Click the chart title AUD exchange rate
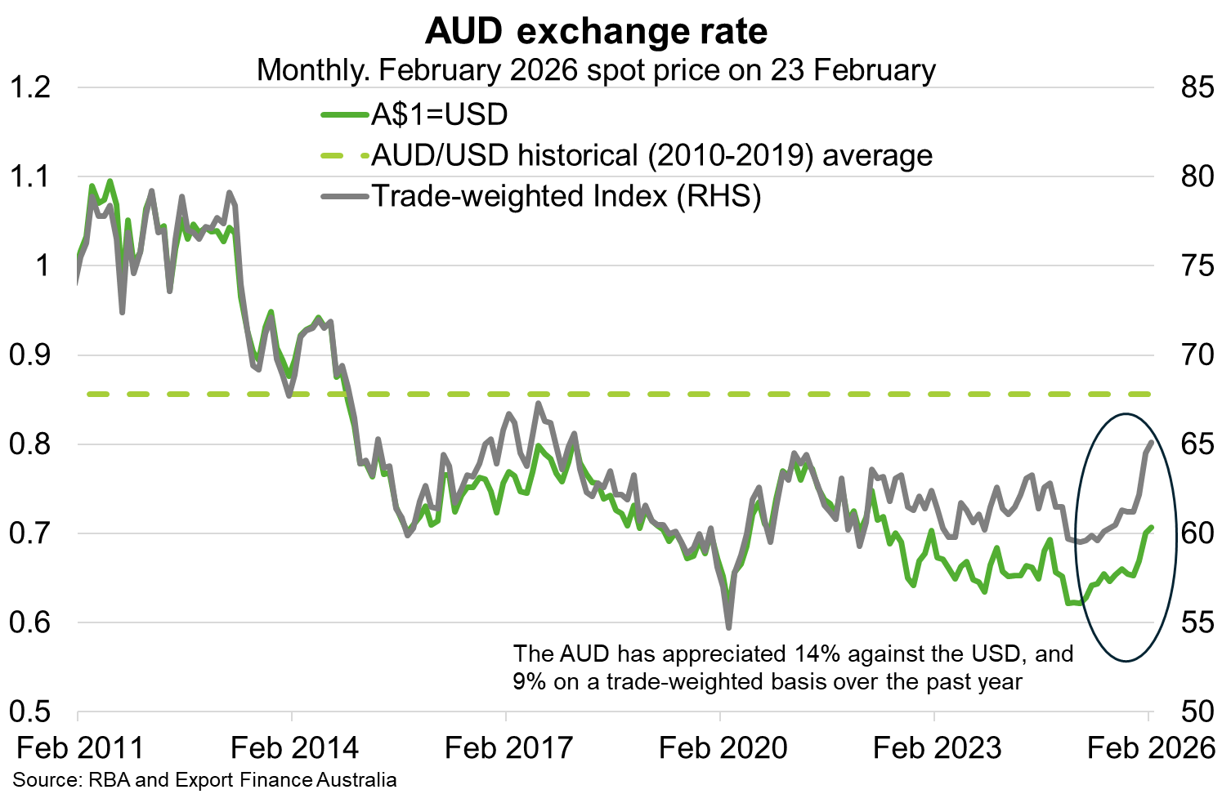tap(597, 31)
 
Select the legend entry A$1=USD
tap(439, 114)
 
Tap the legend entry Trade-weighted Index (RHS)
tap(566, 196)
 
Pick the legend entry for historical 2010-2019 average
tap(651, 155)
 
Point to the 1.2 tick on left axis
tap(30, 87)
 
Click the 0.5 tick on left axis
tap(30, 712)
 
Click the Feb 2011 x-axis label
tap(80, 747)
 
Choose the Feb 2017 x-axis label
tap(508, 747)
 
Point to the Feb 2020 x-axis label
tap(723, 747)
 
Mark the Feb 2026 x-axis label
tap(1151, 747)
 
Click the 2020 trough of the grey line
tap(728, 627)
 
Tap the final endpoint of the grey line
tap(1151, 443)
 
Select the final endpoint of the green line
tap(1151, 528)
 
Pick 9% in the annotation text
tap(530, 681)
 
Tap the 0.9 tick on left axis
tap(30, 355)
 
